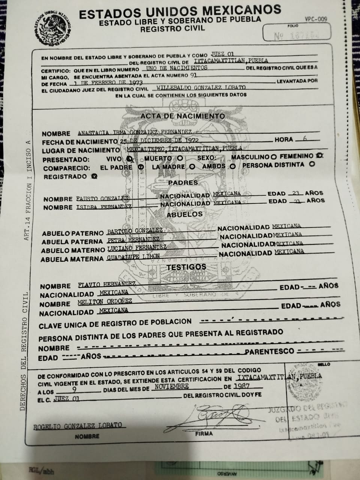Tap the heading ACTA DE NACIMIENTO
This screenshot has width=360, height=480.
(183, 116)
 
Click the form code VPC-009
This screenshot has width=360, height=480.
(316, 19)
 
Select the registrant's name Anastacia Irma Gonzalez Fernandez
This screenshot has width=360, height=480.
(135, 132)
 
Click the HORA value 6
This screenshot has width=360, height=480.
(304, 138)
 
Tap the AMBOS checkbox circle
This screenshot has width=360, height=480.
(232, 166)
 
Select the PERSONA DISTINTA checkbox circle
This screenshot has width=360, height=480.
(311, 164)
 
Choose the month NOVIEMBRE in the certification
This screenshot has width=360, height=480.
(171, 387)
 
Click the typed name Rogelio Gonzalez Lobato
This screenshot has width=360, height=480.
(78, 426)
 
